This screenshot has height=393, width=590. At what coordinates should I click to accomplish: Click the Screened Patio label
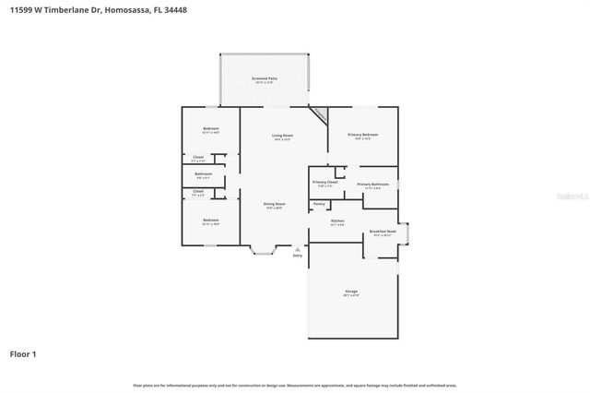[x=265, y=79]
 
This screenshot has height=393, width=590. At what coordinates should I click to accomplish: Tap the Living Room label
[x=282, y=137]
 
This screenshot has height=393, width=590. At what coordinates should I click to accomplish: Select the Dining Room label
[x=275, y=204]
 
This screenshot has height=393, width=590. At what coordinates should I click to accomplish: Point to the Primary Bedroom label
[x=363, y=135]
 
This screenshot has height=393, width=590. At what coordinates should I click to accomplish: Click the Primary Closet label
[x=325, y=183]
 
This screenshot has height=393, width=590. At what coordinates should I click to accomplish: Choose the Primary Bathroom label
[x=372, y=185]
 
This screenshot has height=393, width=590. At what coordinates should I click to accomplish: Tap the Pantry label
[x=319, y=204]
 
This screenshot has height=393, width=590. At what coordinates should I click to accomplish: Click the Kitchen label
[x=337, y=221]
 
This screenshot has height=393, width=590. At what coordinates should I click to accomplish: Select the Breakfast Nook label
[x=383, y=232]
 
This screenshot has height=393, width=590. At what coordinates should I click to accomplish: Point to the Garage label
[x=351, y=292]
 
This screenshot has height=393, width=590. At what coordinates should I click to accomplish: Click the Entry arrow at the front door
[x=297, y=249]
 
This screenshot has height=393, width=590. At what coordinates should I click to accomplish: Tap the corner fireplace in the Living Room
[x=319, y=114]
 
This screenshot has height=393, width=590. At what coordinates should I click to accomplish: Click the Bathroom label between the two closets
[x=203, y=174]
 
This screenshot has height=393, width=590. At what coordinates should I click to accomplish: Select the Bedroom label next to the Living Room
[x=210, y=128]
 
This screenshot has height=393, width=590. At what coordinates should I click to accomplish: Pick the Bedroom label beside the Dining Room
[x=210, y=220]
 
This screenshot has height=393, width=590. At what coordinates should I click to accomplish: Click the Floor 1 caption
[x=23, y=353]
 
